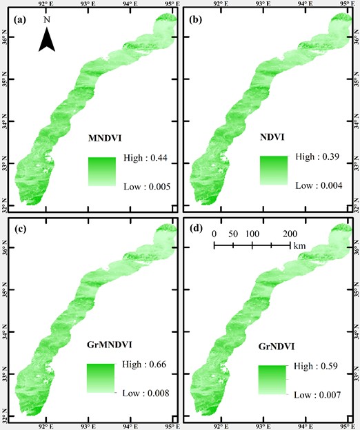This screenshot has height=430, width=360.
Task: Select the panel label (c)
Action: [x=18, y=229]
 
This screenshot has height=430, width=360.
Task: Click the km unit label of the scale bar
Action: [x=299, y=246]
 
